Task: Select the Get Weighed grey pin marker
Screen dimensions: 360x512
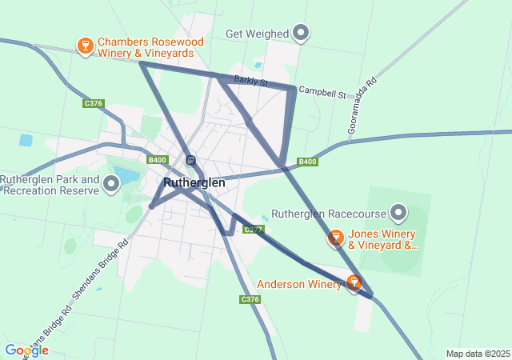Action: pyautogui.click(x=301, y=33)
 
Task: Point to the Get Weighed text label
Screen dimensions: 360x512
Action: pyautogui.click(x=257, y=34)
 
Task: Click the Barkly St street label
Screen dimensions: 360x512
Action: pyautogui.click(x=251, y=82)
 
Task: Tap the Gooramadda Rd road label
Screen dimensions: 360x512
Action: pyautogui.click(x=362, y=104)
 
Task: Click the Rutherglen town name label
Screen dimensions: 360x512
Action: pyautogui.click(x=194, y=182)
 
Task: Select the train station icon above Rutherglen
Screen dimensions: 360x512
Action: pyautogui.click(x=190, y=160)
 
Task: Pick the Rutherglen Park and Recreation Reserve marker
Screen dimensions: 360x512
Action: pyautogui.click(x=111, y=185)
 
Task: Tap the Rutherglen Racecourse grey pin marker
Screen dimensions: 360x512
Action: pyautogui.click(x=398, y=213)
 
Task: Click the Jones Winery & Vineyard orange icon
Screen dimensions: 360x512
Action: pyautogui.click(x=335, y=238)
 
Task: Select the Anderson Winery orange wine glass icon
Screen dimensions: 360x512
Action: pyautogui.click(x=354, y=282)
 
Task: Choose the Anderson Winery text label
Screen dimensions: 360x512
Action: pyautogui.click(x=298, y=283)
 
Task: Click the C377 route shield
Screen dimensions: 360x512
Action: pyautogui.click(x=254, y=230)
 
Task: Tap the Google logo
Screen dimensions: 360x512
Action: pyautogui.click(x=26, y=350)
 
